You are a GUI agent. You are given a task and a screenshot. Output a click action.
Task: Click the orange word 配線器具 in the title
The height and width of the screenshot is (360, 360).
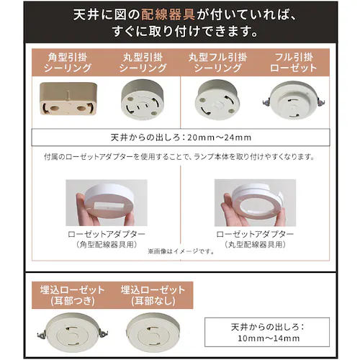(x=168, y=15)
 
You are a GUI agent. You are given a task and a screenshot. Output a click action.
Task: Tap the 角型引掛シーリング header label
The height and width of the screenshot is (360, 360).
(x=68, y=63)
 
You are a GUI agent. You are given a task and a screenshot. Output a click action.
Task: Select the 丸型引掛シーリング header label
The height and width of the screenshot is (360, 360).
(x=143, y=63)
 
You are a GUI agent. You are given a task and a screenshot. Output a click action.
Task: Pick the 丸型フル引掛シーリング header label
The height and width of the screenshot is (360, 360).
(x=217, y=63)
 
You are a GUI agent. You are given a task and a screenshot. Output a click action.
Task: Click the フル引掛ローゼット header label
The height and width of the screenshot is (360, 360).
(x=293, y=63)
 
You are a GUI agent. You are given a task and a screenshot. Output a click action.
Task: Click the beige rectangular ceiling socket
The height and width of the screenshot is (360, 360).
(x=68, y=99)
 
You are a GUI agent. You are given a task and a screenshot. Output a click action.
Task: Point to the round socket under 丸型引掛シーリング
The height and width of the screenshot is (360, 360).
(x=143, y=99)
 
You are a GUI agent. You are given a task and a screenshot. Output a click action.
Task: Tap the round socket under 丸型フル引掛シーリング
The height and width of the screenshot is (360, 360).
(x=217, y=100)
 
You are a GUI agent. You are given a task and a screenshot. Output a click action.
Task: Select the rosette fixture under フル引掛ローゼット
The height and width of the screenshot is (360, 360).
(x=293, y=100)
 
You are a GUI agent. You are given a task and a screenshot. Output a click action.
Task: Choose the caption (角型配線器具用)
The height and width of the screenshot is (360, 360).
(x=107, y=245)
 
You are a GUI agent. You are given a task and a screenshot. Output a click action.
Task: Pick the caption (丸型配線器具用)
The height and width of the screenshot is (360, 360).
(x=255, y=245)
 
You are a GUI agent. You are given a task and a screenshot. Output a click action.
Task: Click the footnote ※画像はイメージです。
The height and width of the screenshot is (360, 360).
(x=181, y=251)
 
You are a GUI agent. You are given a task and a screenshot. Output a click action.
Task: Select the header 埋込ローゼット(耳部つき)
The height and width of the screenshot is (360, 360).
(x=72, y=295)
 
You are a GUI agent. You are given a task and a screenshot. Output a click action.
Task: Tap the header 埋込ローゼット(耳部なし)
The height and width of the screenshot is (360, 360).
(x=153, y=295)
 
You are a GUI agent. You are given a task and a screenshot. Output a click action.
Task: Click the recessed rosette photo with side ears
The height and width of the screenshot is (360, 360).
(x=73, y=333)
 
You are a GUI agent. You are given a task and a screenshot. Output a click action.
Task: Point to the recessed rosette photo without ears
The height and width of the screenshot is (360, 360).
(x=153, y=333)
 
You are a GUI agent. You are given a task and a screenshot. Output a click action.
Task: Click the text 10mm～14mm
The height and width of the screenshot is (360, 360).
(x=269, y=338)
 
